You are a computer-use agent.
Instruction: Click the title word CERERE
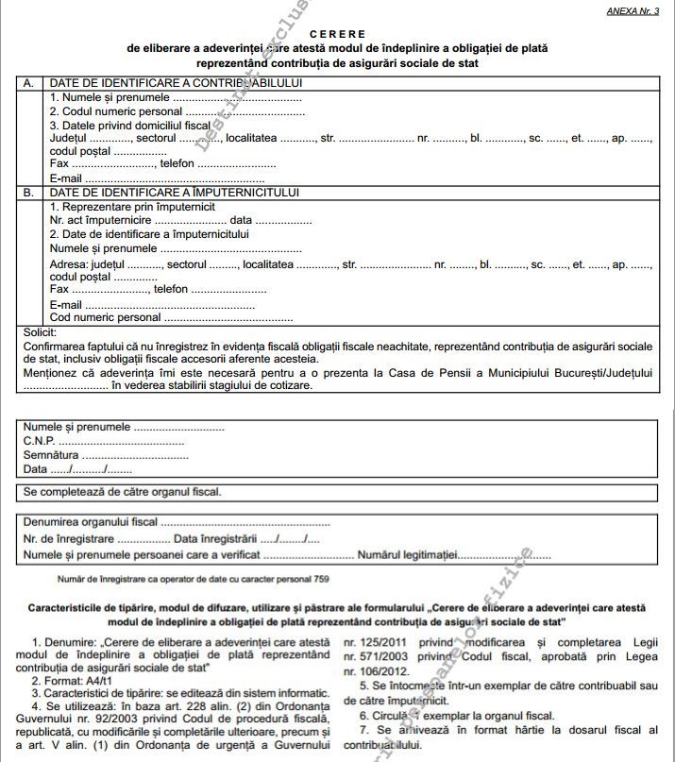336,34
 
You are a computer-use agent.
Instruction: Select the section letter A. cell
28,83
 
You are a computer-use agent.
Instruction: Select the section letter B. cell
28,192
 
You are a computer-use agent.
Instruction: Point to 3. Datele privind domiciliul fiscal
129,125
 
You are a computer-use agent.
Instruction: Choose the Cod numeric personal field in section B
170,318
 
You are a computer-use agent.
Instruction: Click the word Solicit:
39,333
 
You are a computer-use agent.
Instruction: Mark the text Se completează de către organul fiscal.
122,492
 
